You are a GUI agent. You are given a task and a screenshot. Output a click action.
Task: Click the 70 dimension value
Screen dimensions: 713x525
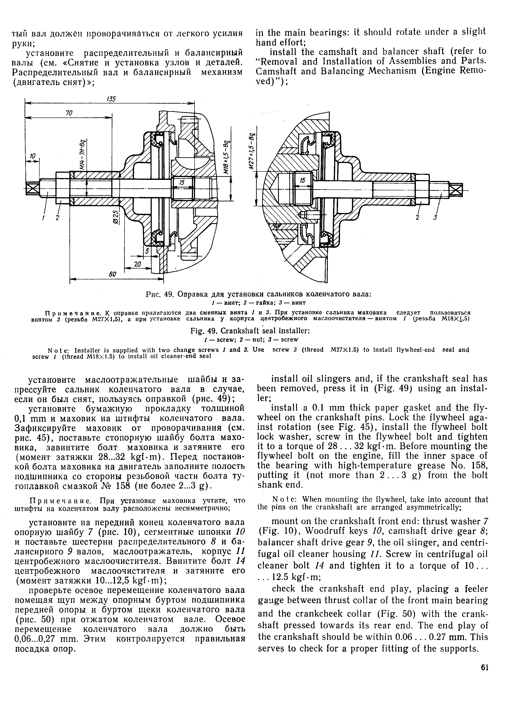coord(69,113)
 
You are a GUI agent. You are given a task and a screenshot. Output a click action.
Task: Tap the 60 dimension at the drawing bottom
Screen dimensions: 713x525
coord(113,274)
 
